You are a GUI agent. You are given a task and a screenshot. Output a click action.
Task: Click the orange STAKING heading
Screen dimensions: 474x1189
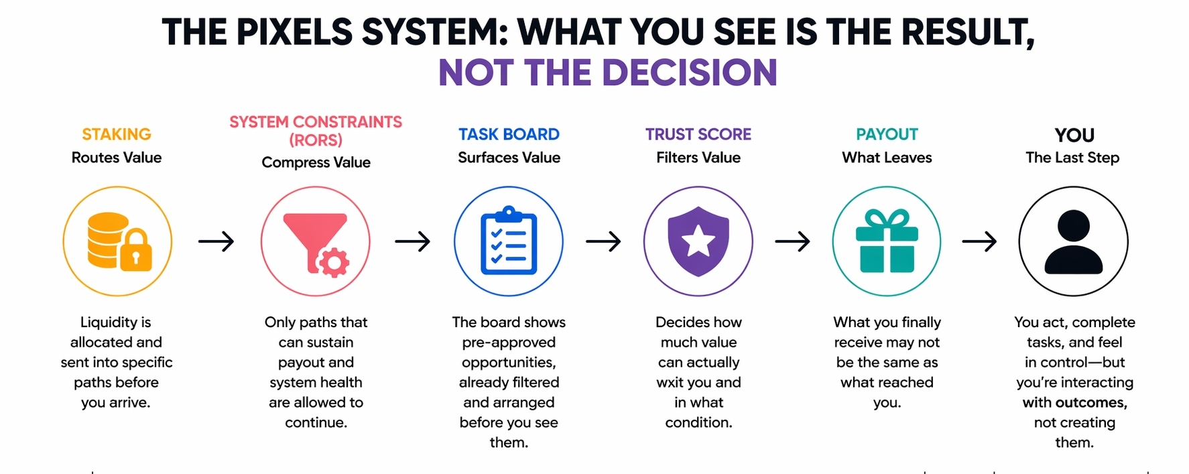[117, 134]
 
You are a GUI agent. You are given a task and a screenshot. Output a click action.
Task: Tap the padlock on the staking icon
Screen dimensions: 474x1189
[136, 251]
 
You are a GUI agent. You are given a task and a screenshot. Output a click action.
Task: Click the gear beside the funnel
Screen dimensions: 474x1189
[334, 262]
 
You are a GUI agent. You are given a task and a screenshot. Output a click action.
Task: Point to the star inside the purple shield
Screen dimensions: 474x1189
[698, 240]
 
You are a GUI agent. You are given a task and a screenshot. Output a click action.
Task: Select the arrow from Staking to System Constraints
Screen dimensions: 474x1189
[216, 241]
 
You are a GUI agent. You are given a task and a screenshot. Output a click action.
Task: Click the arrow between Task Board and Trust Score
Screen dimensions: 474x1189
[603, 241]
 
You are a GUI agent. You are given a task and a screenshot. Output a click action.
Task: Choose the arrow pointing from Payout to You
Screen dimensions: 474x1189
[979, 241]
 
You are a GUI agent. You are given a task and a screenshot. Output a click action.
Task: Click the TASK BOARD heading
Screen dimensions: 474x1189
[509, 134]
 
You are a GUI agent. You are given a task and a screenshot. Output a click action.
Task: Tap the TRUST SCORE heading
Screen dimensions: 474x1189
[698, 134]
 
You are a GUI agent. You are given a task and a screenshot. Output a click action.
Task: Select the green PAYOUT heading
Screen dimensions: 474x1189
[887, 134]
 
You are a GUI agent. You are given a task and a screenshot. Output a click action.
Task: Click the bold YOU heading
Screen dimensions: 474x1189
[1074, 135]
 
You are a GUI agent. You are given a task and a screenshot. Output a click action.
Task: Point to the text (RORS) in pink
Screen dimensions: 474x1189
[316, 140]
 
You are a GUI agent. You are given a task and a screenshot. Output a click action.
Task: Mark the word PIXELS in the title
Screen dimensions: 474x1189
[295, 32]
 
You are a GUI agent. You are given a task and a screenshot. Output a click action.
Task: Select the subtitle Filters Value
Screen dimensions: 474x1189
[698, 158]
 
